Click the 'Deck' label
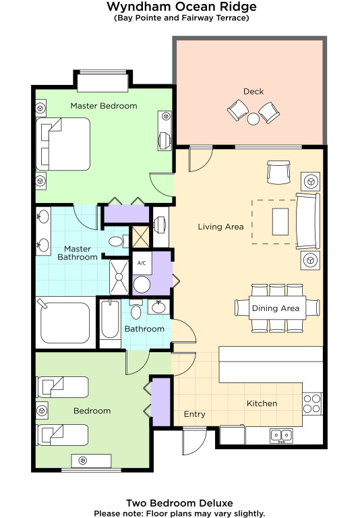pos(253,91)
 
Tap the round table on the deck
pos(253,119)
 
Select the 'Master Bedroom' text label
pos(104,106)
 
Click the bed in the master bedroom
pos(63,144)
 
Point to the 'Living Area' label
pos(220,227)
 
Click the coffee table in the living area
pos(280,222)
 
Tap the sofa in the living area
pos(308,221)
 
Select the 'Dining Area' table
pos(277,308)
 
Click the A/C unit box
pos(142,263)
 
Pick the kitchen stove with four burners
pos(312,403)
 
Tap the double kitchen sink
pos(281,436)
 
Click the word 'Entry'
pos(195,414)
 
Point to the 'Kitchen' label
pos(262,403)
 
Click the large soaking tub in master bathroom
pos(65,323)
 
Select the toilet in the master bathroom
pos(118,241)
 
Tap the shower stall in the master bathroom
pos(119,277)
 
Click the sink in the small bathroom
pos(158,307)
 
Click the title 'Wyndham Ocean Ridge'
pos(181,6)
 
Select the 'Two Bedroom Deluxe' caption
pos(179,503)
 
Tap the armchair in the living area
pos(278,172)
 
